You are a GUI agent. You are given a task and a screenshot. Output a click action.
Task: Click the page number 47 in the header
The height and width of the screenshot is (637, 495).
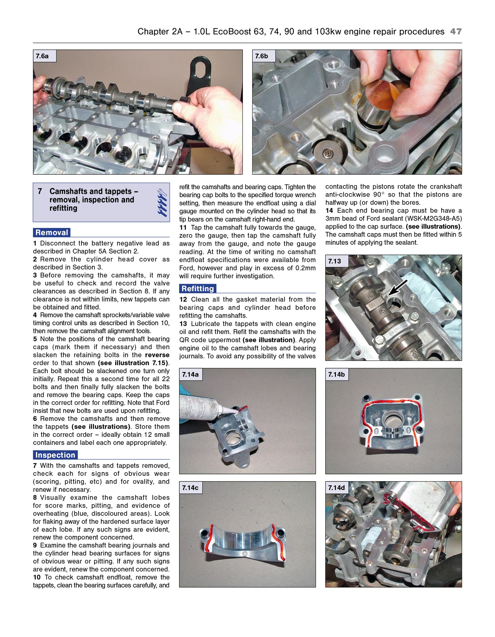tap(456, 31)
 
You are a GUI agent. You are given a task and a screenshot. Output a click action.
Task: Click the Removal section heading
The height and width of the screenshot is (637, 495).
tap(52, 232)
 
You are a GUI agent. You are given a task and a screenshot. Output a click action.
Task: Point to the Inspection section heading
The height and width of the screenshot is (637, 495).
tap(55, 455)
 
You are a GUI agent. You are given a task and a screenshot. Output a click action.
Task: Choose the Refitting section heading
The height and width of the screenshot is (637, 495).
tap(198, 289)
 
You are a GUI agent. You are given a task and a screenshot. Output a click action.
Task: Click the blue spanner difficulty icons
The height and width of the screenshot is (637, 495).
tap(162, 202)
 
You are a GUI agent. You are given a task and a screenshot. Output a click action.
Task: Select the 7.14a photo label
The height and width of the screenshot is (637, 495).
tap(190, 374)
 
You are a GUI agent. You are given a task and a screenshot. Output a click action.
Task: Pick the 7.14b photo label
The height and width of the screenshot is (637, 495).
tap(337, 374)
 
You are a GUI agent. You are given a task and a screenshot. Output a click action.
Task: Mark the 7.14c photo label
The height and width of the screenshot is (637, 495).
tap(190, 488)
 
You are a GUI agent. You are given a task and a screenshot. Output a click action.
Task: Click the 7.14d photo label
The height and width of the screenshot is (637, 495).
tap(337, 488)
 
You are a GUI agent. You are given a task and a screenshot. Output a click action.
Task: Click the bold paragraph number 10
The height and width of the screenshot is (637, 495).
tap(37, 577)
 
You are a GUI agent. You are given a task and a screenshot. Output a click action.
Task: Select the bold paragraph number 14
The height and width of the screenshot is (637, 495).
tap(329, 211)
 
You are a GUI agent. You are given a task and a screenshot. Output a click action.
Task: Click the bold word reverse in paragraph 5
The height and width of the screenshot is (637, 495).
tap(157, 355)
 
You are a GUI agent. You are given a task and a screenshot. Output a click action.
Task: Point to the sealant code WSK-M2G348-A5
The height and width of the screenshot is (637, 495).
tap(434, 219)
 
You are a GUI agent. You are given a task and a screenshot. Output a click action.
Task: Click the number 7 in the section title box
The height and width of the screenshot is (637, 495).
tap(40, 192)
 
